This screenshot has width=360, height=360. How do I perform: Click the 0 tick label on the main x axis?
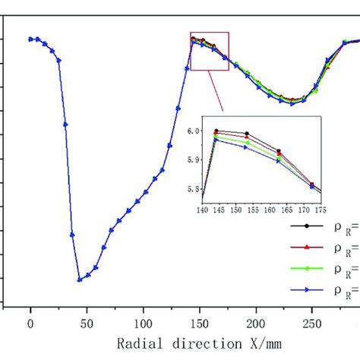point(31,323)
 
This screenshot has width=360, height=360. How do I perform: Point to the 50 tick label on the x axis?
point(87,323)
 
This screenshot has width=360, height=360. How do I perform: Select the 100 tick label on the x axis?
point(144,323)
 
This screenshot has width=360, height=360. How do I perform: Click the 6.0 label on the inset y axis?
point(192,131)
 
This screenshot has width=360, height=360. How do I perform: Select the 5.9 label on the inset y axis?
point(192,160)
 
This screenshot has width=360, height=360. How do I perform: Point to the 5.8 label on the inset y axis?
point(192,188)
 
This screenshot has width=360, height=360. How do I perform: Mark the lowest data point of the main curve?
point(80,279)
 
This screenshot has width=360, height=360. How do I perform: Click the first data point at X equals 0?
point(31,39)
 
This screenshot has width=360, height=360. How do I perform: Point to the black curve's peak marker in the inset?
point(216,131)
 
